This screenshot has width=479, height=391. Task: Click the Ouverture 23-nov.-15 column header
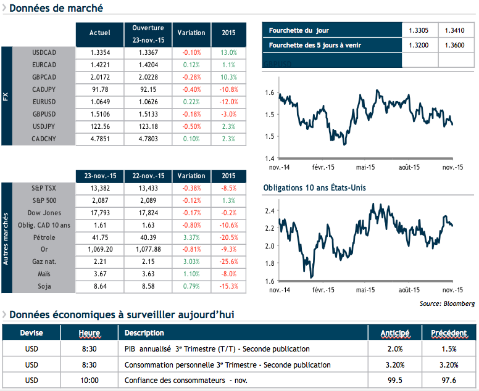148,33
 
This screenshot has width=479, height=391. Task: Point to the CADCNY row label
44,139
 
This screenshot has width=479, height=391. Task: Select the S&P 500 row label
44,201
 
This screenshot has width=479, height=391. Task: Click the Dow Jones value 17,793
100,213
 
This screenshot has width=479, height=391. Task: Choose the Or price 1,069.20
100,249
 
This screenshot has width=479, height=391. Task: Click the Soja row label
44,286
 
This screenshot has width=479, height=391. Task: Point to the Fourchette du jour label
299,30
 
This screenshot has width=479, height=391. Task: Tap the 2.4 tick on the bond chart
269,211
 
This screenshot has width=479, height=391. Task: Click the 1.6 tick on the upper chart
269,93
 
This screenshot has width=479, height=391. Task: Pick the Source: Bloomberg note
447,303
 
